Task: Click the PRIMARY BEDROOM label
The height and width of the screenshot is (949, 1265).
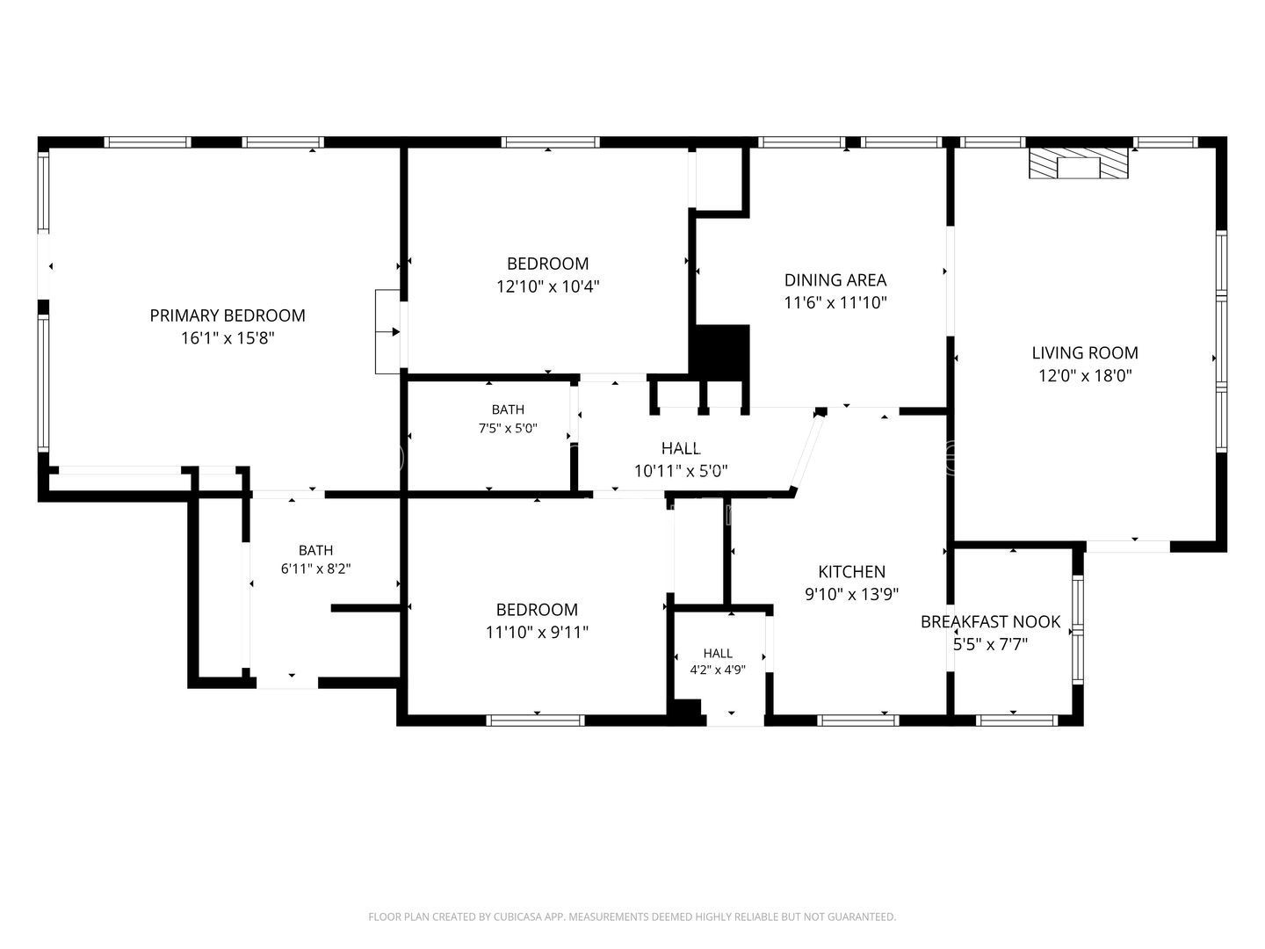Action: pyautogui.click(x=228, y=315)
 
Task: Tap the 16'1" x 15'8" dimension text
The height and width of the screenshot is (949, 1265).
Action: pyautogui.click(x=228, y=337)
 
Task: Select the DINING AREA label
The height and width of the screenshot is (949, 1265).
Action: pyautogui.click(x=835, y=280)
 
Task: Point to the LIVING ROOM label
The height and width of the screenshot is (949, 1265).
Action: pyautogui.click(x=1085, y=352)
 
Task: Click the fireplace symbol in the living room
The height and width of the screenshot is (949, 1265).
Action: pyautogui.click(x=1079, y=163)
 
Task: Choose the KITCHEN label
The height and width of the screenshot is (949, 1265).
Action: pyautogui.click(x=852, y=571)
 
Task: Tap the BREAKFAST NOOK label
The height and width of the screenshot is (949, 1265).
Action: pyautogui.click(x=990, y=622)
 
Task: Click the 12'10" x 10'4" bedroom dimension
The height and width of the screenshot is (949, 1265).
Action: pyautogui.click(x=548, y=286)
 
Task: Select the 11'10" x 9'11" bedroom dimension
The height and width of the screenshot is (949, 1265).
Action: pyautogui.click(x=537, y=632)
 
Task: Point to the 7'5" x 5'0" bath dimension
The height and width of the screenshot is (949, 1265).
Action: pyautogui.click(x=508, y=429)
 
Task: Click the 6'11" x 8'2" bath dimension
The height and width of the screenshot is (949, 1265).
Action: pyautogui.click(x=316, y=569)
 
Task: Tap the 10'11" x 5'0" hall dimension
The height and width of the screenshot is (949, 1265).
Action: pyautogui.click(x=681, y=471)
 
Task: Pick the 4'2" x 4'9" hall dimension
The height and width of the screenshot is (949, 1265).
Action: pyautogui.click(x=718, y=670)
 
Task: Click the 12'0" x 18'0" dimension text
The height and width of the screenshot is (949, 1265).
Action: pyautogui.click(x=1085, y=376)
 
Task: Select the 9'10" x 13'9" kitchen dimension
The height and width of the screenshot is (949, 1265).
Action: pyautogui.click(x=852, y=594)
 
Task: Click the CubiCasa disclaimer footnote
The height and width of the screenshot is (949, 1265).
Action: pyautogui.click(x=632, y=916)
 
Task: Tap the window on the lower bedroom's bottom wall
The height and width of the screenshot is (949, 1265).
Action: pyautogui.click(x=535, y=721)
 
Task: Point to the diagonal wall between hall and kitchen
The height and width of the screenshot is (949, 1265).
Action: pyautogui.click(x=806, y=453)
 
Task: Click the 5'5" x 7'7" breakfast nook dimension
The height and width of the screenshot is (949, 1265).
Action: pyautogui.click(x=990, y=644)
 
